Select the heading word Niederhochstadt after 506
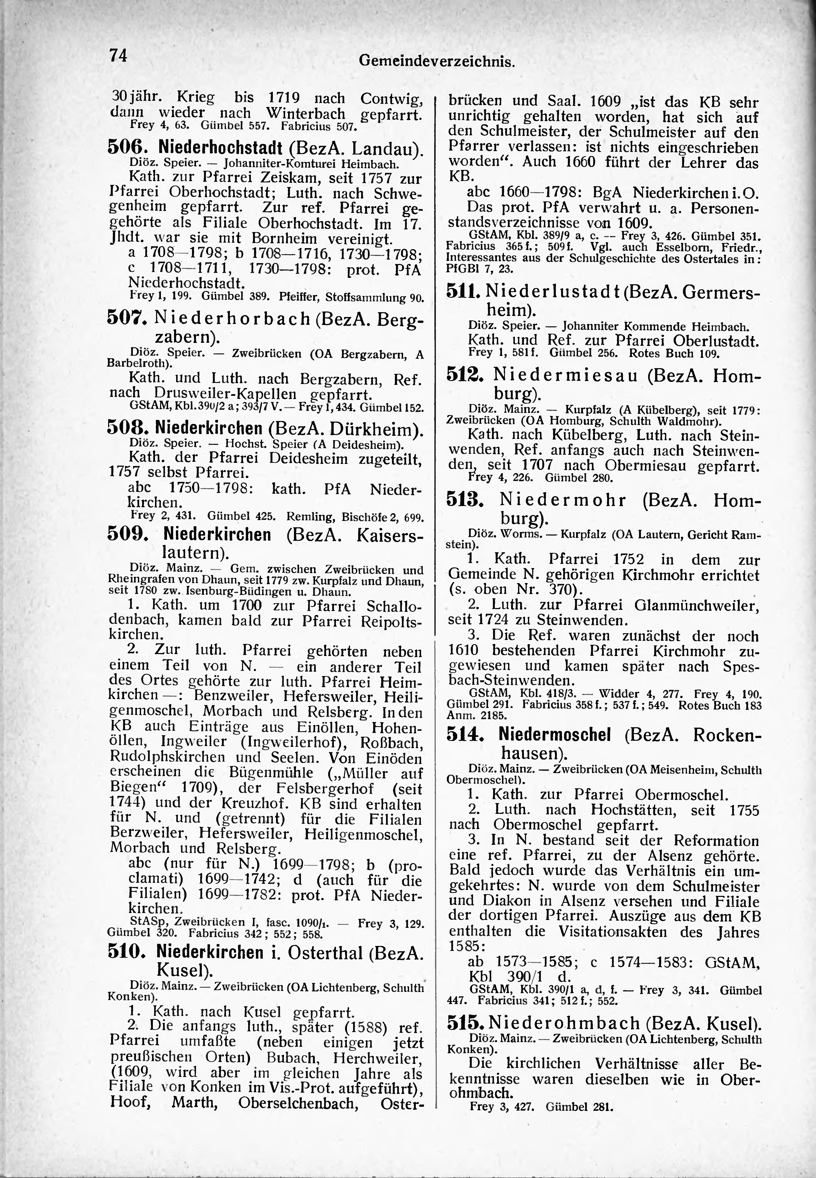pos(220,148)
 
